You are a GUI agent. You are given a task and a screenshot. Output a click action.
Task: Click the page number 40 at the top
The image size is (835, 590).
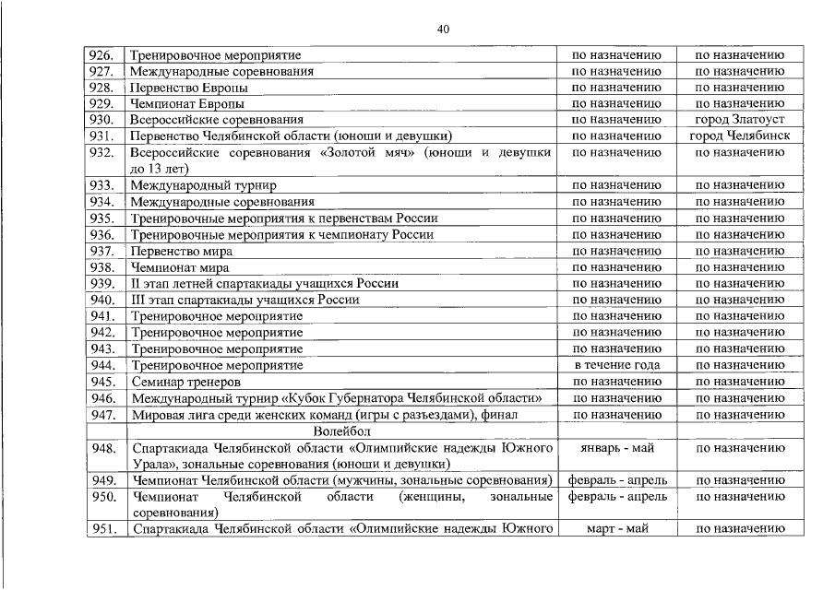click(x=443, y=29)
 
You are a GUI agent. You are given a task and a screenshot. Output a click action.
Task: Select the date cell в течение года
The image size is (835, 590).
click(x=616, y=365)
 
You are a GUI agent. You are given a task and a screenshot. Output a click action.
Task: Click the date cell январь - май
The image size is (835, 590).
click(x=616, y=448)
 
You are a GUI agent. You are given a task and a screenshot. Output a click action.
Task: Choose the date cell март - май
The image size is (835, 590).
click(x=616, y=529)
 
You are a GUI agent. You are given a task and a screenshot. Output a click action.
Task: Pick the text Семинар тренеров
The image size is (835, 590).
click(x=185, y=382)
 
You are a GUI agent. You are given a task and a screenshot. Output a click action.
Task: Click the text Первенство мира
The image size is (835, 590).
click(x=181, y=251)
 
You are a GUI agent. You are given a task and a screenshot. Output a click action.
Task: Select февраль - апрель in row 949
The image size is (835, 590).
click(x=616, y=480)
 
